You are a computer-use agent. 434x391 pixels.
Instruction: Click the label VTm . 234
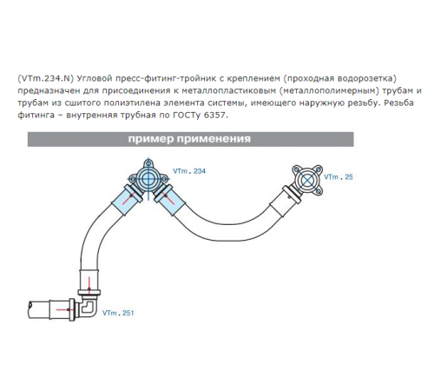point(189,171)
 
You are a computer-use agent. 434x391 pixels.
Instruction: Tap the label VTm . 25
point(339,177)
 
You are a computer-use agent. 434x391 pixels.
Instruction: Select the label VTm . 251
point(118,313)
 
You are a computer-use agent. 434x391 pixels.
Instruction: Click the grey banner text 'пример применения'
point(189,139)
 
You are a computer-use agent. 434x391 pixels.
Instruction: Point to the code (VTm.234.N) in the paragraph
point(44,78)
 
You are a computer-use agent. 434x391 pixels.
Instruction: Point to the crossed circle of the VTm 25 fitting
point(307,180)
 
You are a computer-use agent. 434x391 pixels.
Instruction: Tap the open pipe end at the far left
point(31,309)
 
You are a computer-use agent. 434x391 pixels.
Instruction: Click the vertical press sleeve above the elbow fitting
point(89,281)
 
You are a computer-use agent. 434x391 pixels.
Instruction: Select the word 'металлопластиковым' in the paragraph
point(228,90)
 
